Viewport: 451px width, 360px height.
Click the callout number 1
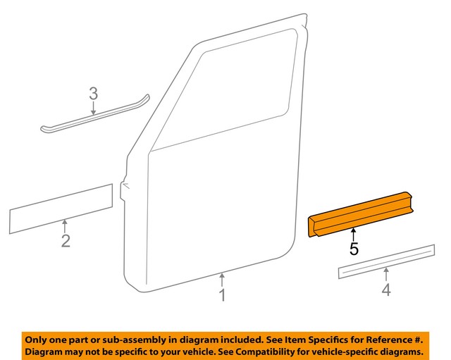222,294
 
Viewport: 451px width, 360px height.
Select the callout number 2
65,242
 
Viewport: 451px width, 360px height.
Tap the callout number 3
93,94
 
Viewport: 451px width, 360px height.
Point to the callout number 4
385,289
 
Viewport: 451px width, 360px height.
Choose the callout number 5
354,248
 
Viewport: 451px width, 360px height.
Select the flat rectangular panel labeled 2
61,209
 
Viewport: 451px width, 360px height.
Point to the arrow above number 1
222,278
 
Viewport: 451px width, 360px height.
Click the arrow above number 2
65,225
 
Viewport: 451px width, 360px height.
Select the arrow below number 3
94,107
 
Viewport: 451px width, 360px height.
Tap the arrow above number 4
385,273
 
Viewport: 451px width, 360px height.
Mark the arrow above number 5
354,232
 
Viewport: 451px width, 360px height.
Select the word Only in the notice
38,337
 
